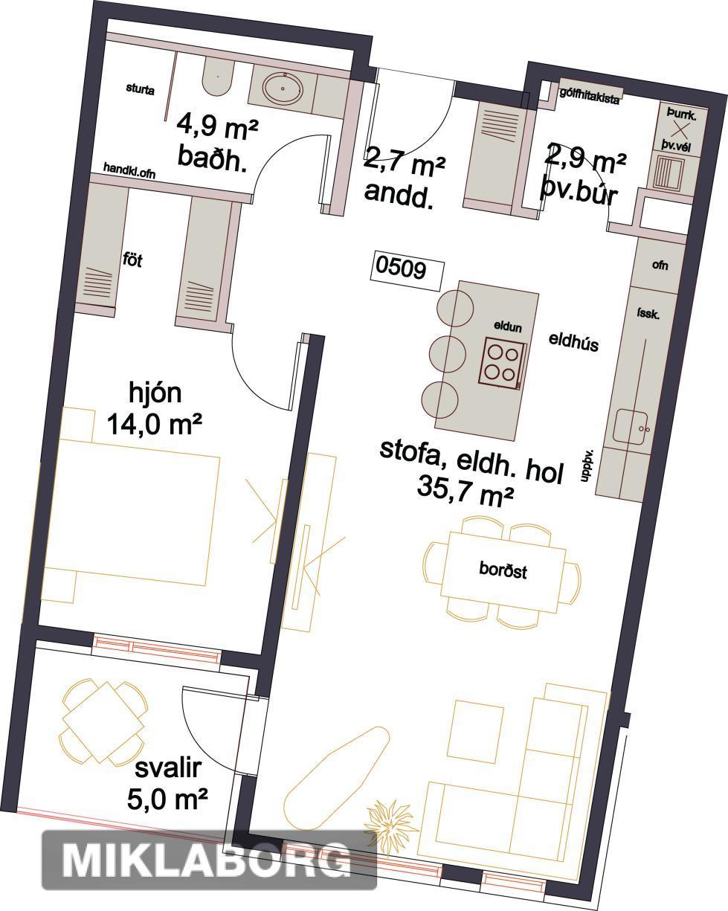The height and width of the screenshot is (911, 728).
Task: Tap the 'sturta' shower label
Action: point(140,89)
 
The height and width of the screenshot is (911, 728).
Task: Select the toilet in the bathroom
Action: point(218,78)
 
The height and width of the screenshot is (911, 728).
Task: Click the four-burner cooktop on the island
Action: point(502,364)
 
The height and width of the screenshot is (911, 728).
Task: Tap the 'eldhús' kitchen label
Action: point(573,342)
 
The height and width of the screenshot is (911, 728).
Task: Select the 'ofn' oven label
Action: point(660,265)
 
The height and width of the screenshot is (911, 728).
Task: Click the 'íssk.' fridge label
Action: point(648,313)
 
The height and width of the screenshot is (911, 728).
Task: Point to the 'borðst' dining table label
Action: point(503,570)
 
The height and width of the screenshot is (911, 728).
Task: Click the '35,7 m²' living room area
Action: point(466,491)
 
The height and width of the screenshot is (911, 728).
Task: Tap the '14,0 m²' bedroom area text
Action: point(154,424)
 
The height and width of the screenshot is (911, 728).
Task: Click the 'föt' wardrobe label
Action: point(132,259)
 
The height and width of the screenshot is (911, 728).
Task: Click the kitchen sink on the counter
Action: point(631,426)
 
